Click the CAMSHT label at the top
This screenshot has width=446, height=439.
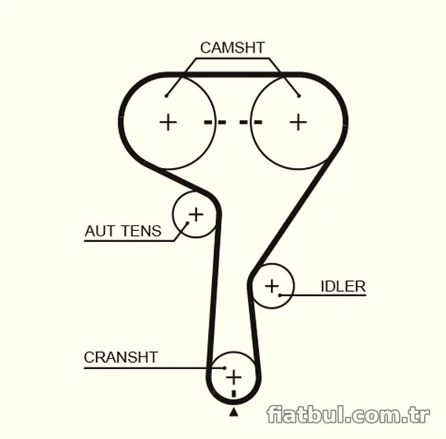pyautogui.click(x=232, y=48)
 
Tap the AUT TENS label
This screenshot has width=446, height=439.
pyautogui.click(x=122, y=231)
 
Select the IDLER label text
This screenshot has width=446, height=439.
pyautogui.click(x=343, y=286)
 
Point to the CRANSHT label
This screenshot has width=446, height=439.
pyautogui.click(x=121, y=357)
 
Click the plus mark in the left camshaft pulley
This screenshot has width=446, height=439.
pyautogui.click(x=168, y=123)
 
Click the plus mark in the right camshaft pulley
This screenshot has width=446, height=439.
pyautogui.click(x=298, y=123)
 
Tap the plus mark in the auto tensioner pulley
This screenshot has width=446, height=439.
pyautogui.click(x=196, y=214)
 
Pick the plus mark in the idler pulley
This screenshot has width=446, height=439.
pyautogui.click(x=272, y=286)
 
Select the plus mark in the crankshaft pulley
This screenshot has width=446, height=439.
pyautogui.click(x=234, y=377)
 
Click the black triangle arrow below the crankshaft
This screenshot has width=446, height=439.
pyautogui.click(x=234, y=412)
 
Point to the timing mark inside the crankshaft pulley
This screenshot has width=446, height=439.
pyautogui.click(x=234, y=393)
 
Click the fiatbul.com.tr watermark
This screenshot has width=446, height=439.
pyautogui.click(x=348, y=415)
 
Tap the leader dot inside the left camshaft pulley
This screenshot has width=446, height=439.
pyautogui.click(x=166, y=96)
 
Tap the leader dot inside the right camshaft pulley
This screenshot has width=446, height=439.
pyautogui.click(x=298, y=96)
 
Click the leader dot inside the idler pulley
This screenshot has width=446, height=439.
pyautogui.click(x=280, y=295)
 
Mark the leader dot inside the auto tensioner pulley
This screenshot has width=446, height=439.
pyautogui.click(x=188, y=223)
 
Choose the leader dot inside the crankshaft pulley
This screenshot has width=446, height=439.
pyautogui.click(x=225, y=368)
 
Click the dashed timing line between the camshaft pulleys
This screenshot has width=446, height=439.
pyautogui.click(x=233, y=123)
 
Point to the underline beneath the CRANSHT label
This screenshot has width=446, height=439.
pyautogui.click(x=154, y=368)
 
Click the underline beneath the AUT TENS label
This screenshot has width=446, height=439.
pyautogui.click(x=130, y=241)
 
